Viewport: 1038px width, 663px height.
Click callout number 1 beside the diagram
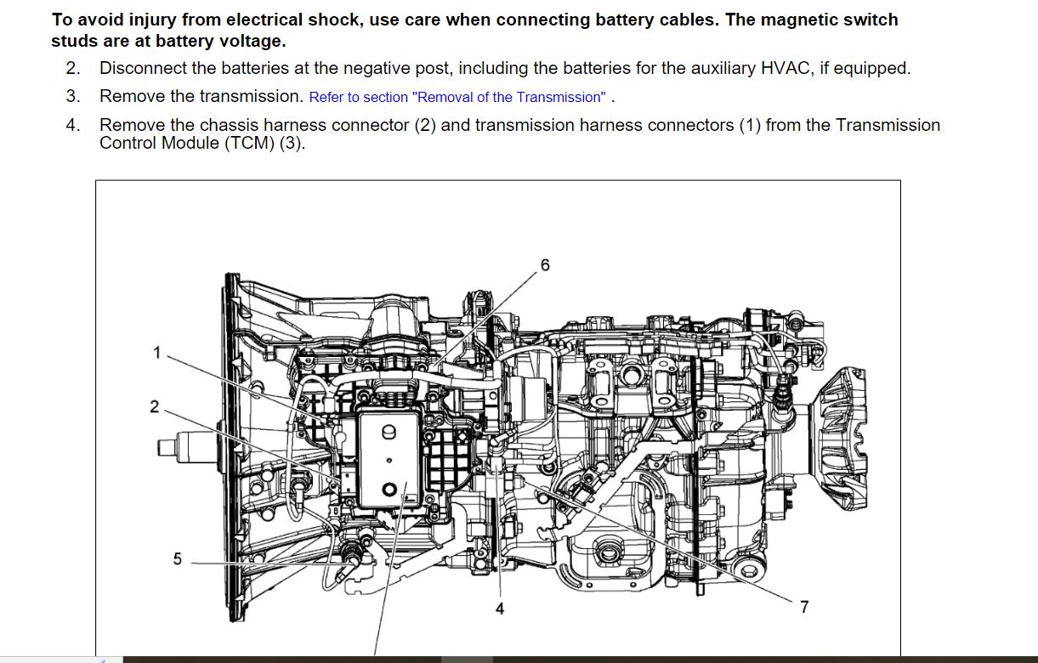click(x=157, y=353)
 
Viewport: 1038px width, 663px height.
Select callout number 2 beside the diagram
click(x=155, y=406)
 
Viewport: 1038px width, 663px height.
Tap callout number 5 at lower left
click(x=178, y=558)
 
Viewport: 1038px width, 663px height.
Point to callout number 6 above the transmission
click(x=545, y=265)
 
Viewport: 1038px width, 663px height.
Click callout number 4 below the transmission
click(x=500, y=609)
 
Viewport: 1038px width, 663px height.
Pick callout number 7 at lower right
click(x=804, y=607)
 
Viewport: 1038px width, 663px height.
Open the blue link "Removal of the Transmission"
click(x=457, y=97)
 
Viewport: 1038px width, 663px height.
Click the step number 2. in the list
click(x=73, y=68)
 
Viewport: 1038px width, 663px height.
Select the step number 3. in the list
click(x=73, y=96)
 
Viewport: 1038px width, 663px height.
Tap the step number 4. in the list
click(x=73, y=125)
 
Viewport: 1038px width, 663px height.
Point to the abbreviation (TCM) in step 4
click(x=250, y=143)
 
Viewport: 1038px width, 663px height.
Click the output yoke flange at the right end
click(x=839, y=438)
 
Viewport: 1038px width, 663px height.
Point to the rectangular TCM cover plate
click(x=389, y=459)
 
